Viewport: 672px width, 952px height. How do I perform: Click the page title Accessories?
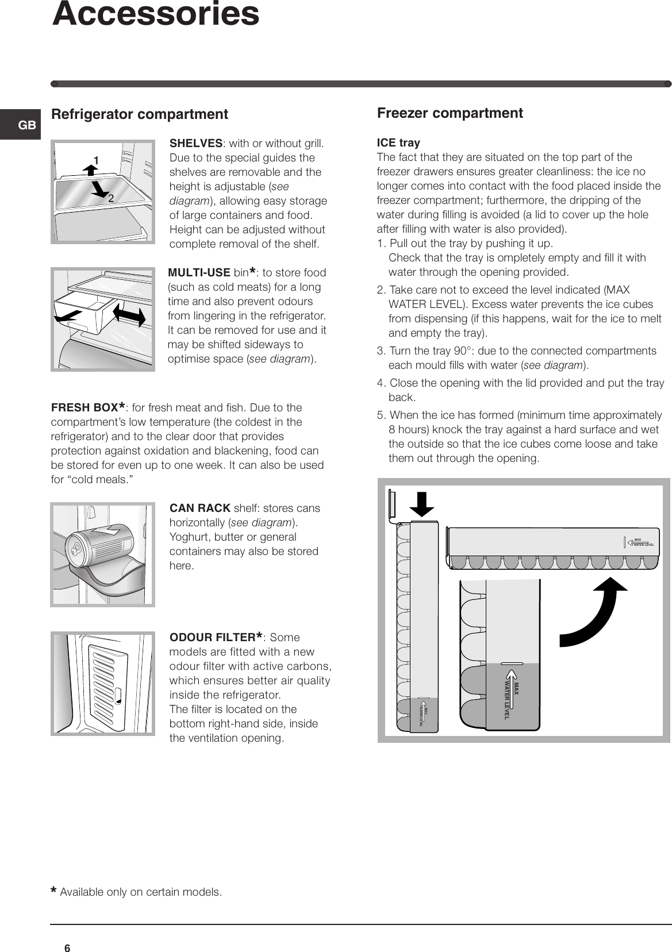[x=156, y=14]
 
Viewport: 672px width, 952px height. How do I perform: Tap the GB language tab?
[x=27, y=125]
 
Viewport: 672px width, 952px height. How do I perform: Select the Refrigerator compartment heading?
[x=140, y=114]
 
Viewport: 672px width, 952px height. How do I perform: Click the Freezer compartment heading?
[x=450, y=113]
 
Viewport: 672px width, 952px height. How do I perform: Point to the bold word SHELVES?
[x=196, y=143]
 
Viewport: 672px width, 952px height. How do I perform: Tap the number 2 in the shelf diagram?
[x=110, y=198]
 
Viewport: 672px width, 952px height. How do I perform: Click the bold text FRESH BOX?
[x=88, y=408]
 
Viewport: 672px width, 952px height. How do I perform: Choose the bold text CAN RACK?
[x=200, y=508]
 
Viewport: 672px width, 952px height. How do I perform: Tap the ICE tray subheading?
[x=398, y=142]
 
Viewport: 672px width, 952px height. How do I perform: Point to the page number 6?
[x=67, y=948]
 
